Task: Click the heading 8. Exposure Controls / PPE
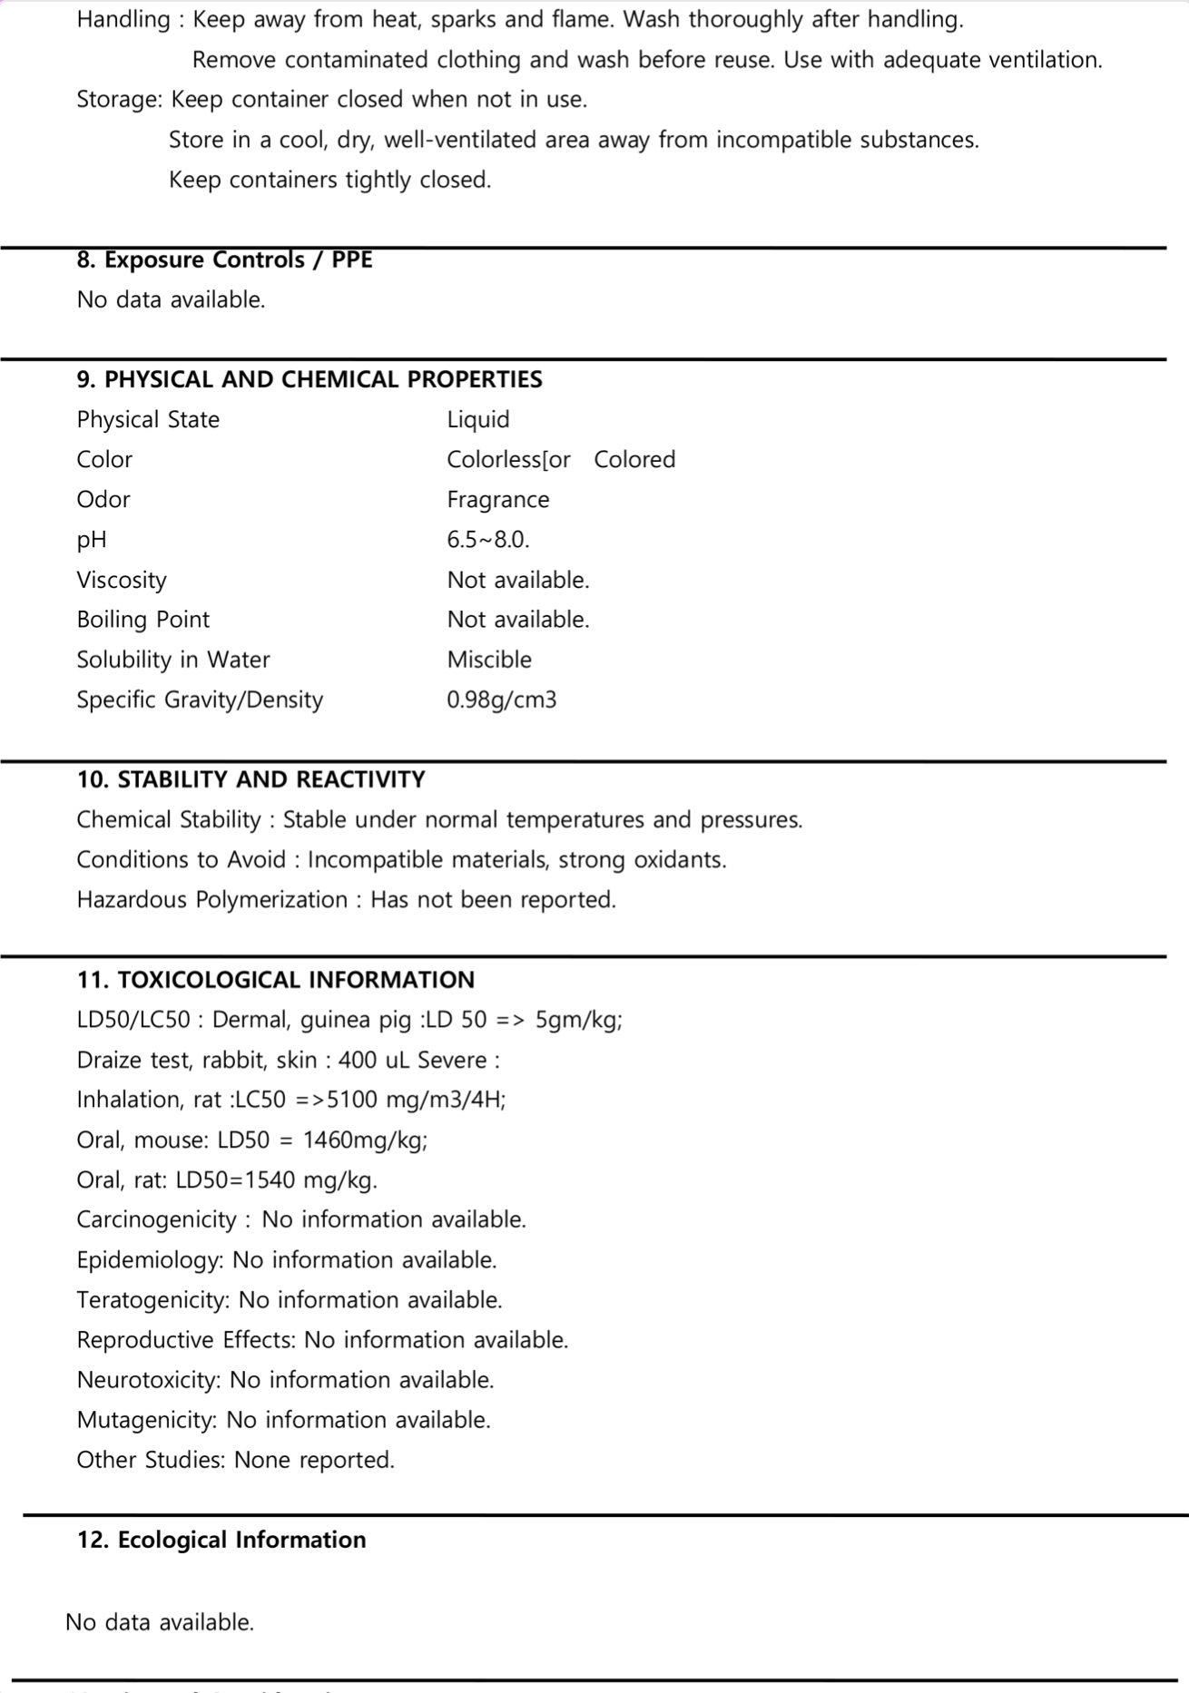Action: [224, 260]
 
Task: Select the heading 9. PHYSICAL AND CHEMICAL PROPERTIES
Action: [310, 379]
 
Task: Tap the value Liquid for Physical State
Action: [478, 420]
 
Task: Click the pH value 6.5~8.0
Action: [487, 540]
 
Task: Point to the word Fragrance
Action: [497, 500]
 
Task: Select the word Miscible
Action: [489, 660]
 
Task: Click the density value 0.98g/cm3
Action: [501, 700]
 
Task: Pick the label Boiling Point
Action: [142, 620]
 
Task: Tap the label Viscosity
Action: [122, 580]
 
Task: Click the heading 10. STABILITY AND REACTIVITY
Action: [251, 780]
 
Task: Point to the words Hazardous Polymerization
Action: [211, 900]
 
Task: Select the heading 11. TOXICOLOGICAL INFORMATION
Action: [275, 980]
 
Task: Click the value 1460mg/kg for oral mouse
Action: [365, 1140]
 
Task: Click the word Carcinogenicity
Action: [156, 1220]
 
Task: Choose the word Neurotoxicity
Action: [148, 1380]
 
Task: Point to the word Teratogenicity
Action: [152, 1300]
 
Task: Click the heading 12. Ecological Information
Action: [221, 1540]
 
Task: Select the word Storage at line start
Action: [118, 100]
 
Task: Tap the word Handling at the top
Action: [123, 20]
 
